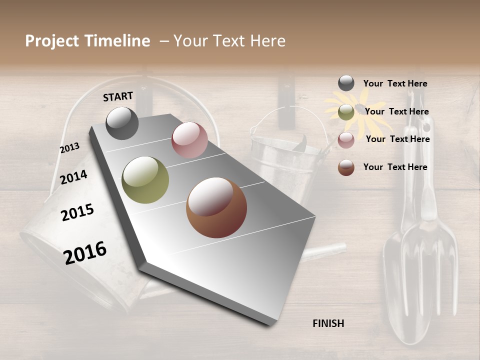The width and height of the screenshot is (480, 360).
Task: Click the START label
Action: tap(118, 96)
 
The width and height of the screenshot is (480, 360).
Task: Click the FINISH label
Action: tap(328, 323)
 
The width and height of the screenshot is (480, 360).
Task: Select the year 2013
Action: tap(69, 148)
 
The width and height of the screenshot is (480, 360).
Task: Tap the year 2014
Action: tap(73, 177)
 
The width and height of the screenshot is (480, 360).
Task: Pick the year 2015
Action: tap(77, 212)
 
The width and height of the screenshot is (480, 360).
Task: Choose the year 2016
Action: tap(85, 252)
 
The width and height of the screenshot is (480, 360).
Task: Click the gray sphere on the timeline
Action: tap(122, 123)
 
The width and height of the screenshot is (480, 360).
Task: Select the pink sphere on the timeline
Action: tap(189, 140)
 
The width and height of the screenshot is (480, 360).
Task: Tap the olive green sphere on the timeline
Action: tap(145, 180)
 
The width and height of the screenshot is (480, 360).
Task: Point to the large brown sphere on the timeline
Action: tap(216, 207)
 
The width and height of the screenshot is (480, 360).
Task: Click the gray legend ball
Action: tap(346, 83)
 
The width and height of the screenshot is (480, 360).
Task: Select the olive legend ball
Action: tap(346, 112)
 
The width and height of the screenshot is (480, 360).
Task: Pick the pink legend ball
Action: tap(346, 139)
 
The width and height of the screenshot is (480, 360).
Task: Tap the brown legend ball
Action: tap(346, 167)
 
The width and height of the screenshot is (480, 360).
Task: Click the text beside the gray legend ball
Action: tap(395, 83)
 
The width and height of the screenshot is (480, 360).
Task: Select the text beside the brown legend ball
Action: tap(395, 167)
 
